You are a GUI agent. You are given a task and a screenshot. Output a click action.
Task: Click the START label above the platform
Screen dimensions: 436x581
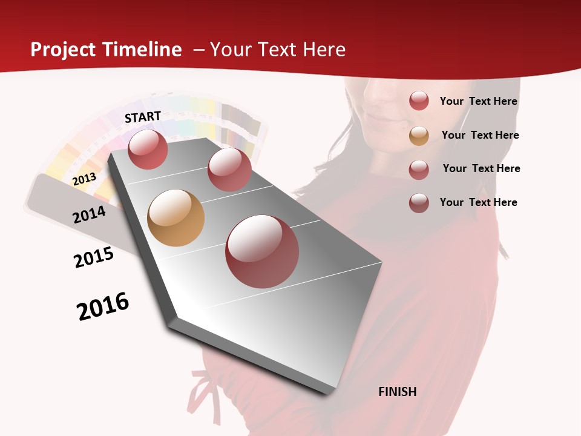coord(143,116)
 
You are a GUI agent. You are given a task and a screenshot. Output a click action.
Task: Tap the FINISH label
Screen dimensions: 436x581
coord(397,392)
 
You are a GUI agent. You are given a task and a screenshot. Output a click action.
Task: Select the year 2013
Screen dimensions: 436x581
coord(84,179)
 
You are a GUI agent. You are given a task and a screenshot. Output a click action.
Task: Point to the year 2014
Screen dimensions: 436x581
coord(89,214)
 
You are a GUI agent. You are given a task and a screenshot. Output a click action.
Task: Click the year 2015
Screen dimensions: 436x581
coord(94,257)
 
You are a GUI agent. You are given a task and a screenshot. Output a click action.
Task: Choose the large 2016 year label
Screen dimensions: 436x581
coord(103,306)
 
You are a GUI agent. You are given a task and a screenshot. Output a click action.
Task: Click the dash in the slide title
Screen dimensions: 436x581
coord(198,50)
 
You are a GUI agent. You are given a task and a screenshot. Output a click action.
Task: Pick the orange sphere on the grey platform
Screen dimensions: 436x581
coord(176,218)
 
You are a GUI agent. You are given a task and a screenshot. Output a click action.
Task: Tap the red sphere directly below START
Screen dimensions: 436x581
coord(148,149)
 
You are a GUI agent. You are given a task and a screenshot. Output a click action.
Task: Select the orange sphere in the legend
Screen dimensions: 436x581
coord(419,136)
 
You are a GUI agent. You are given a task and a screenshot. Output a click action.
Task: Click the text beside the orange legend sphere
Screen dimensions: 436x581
coord(480,135)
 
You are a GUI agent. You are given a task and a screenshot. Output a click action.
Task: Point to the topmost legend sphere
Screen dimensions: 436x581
coord(419,101)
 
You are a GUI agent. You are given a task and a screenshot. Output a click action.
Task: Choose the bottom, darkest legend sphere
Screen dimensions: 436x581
coord(419,203)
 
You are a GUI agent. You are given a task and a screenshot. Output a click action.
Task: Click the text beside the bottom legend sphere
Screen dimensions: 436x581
coord(478,202)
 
